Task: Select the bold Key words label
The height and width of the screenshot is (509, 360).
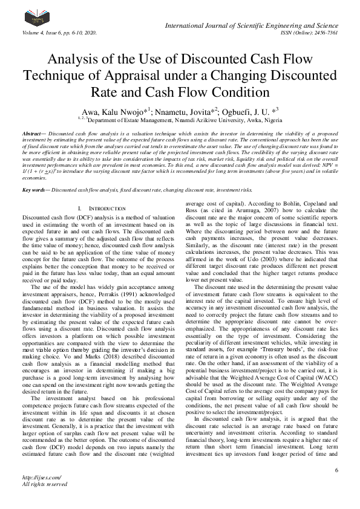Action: [x=35, y=173]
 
